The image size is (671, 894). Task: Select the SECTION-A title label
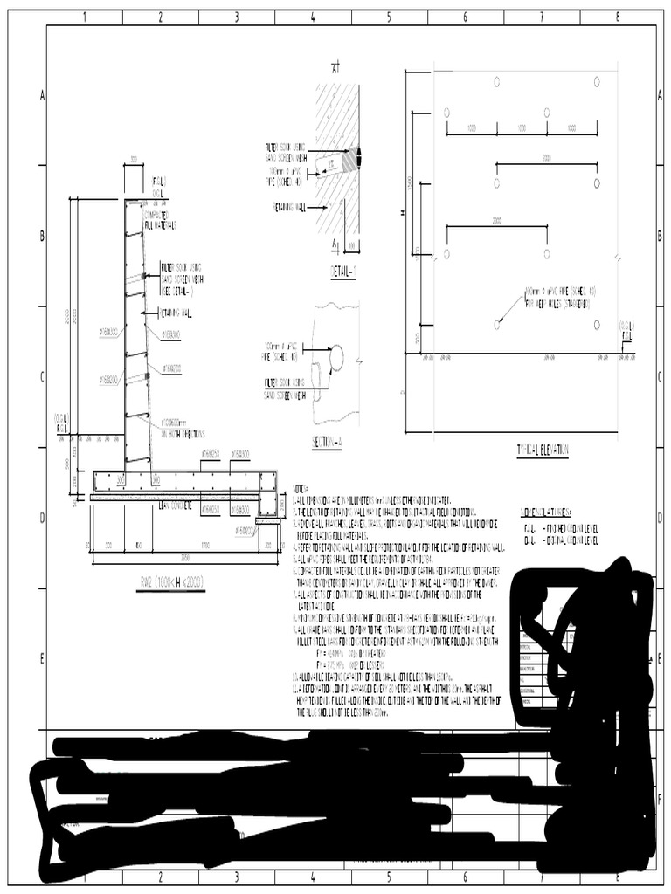(x=327, y=443)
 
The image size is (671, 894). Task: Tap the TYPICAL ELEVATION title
(x=542, y=450)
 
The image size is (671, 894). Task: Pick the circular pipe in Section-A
(x=335, y=356)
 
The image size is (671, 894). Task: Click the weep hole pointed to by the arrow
(x=497, y=324)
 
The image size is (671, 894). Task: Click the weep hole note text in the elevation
(x=559, y=297)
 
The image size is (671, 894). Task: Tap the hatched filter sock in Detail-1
(x=352, y=160)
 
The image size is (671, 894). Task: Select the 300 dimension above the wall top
(x=134, y=160)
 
